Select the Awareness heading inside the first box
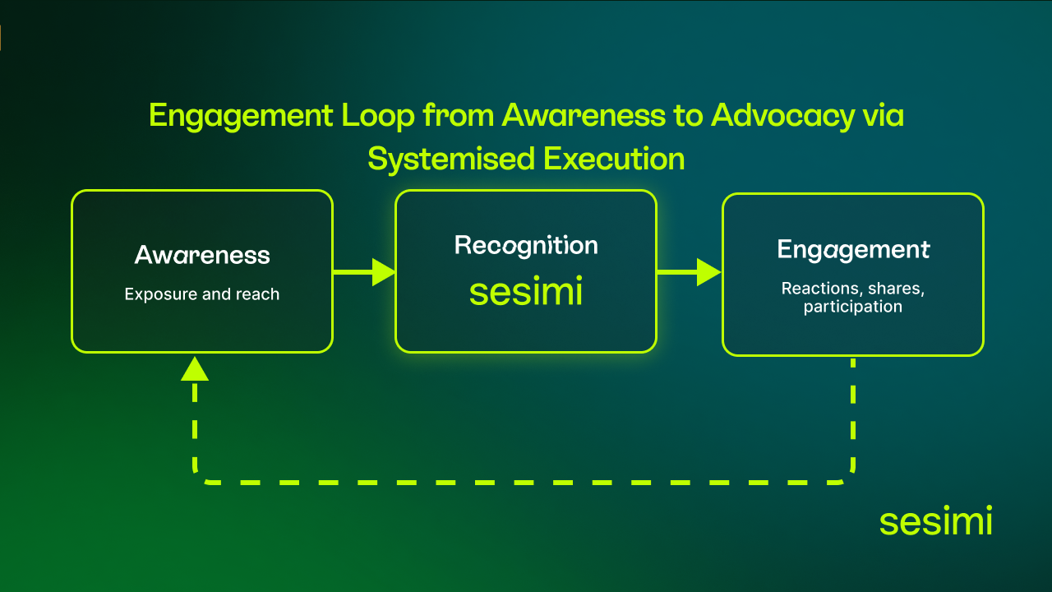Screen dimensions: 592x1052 (202, 255)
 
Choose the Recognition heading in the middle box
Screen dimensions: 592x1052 (526, 245)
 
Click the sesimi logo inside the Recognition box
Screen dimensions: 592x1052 (526, 292)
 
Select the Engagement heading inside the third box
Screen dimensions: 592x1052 (853, 249)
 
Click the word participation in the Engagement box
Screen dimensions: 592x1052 (853, 307)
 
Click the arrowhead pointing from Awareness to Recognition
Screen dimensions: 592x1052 (383, 271)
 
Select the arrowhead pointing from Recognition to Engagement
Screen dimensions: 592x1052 (708, 271)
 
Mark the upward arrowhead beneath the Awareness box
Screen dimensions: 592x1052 (195, 369)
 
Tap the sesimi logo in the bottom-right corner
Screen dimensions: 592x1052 (935, 521)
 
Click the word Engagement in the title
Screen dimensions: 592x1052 (239, 116)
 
